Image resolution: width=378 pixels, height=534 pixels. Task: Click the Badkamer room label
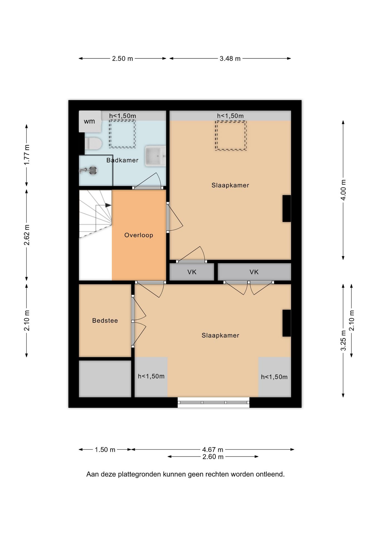pos(122,160)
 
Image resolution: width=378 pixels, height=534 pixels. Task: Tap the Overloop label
pos(139,235)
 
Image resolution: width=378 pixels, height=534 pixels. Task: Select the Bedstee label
pos(105,321)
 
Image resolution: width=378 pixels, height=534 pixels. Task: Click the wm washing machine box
pos(90,121)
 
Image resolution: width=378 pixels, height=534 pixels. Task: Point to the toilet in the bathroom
pos(93,144)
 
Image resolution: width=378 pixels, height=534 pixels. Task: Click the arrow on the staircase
pos(108,206)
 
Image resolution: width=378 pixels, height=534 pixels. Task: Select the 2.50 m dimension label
pos(122,59)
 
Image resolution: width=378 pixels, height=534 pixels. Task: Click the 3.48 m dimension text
pos(230,59)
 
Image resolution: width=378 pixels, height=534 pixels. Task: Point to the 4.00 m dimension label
pos(343,190)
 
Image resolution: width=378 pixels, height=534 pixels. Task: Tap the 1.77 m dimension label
pos(27,155)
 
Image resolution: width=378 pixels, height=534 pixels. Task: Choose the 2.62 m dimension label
pos(27,235)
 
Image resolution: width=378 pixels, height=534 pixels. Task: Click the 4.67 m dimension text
pos(213,450)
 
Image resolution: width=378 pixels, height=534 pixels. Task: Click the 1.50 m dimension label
pos(105,450)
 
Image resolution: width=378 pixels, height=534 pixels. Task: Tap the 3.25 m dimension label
pos(343,340)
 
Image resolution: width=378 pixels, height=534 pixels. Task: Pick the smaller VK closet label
pos(192,272)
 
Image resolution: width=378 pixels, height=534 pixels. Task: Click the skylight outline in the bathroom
pos(122,134)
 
